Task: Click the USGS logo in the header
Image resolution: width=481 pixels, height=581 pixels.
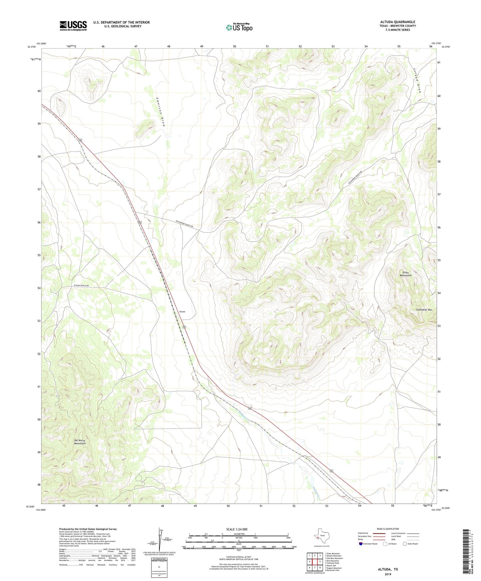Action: point(73,26)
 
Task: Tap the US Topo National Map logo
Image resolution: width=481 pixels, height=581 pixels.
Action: point(239,27)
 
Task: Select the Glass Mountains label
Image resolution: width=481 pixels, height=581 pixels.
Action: point(405,274)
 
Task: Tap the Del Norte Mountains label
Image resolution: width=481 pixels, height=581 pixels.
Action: point(80,442)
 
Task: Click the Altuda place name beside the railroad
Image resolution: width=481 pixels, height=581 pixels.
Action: point(182,312)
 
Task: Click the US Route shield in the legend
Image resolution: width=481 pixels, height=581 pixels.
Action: point(385,544)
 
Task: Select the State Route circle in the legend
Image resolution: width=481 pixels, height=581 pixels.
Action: point(404,544)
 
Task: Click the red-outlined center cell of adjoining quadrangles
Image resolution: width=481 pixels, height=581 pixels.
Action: point(315,561)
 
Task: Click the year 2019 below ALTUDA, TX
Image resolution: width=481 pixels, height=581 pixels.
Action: point(387,574)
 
